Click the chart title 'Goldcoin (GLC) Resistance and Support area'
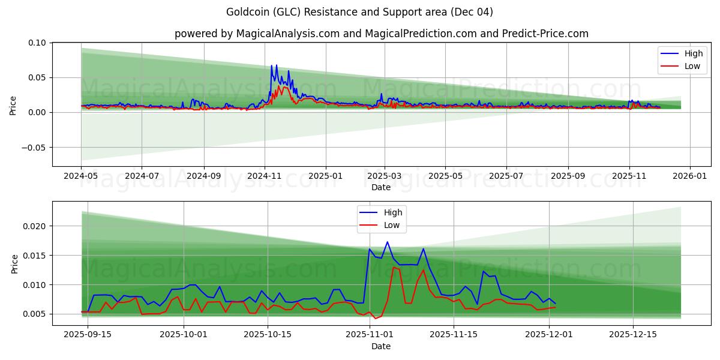point(359,12)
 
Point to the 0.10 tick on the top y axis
point(37,43)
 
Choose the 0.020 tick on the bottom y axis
point(34,226)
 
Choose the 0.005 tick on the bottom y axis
point(34,314)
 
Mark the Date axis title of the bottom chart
point(381,346)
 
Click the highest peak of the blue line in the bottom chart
point(388,242)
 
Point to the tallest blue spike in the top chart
point(276,65)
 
